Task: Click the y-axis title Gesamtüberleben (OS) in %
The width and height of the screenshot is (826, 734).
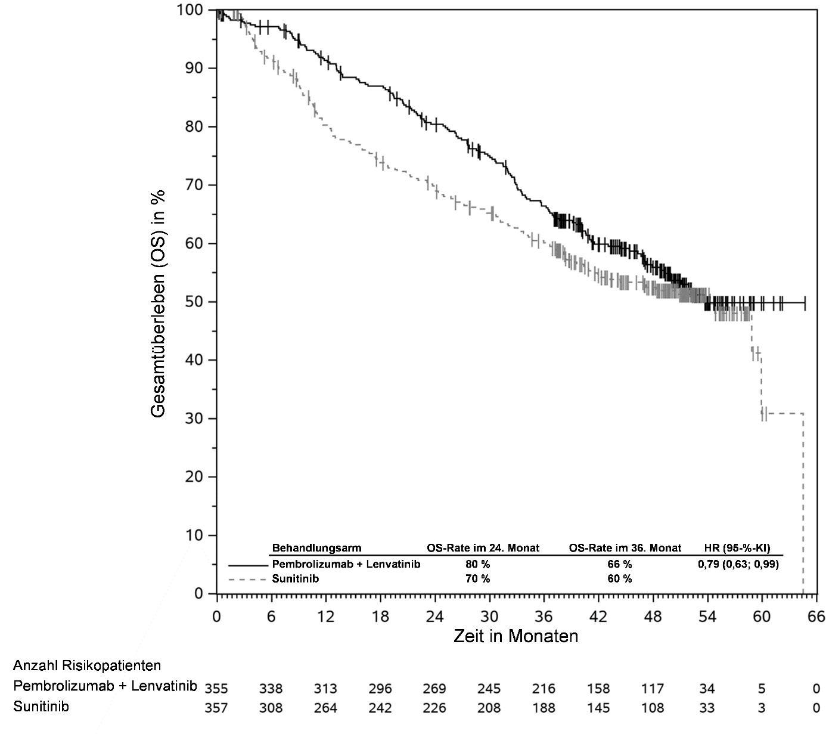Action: [159, 303]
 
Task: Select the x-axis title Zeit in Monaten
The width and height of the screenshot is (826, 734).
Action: [516, 636]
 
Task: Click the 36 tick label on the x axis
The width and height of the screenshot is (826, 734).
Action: [544, 617]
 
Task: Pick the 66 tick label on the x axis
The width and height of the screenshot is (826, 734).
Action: [815, 617]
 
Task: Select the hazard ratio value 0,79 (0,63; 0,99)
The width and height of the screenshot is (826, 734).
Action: [738, 564]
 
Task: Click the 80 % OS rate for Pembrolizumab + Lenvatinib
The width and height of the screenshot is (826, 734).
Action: [478, 564]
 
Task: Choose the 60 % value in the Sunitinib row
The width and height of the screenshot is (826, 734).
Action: [620, 578]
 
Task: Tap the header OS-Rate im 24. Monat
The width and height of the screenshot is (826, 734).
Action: [483, 548]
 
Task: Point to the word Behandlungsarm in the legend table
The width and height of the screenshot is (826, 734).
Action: [316, 548]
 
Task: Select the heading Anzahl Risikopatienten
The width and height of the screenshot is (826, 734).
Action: [87, 665]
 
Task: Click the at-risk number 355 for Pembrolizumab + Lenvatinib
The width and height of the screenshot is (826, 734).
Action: [216, 689]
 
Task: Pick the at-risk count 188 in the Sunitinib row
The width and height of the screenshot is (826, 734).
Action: [544, 708]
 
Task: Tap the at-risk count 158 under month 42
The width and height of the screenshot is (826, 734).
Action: [598, 689]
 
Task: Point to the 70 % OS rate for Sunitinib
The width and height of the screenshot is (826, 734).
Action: [478, 578]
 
